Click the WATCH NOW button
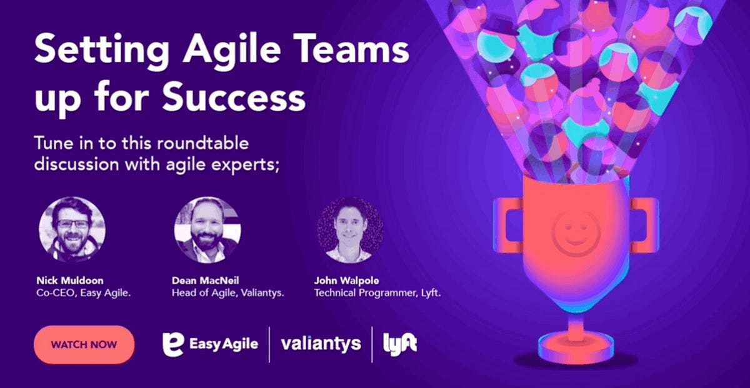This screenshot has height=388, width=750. coord(84,344)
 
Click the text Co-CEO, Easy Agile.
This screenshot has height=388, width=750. coord(83,292)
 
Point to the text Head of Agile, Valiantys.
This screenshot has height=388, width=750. coord(228,292)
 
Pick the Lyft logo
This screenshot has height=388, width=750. coord(400,344)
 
